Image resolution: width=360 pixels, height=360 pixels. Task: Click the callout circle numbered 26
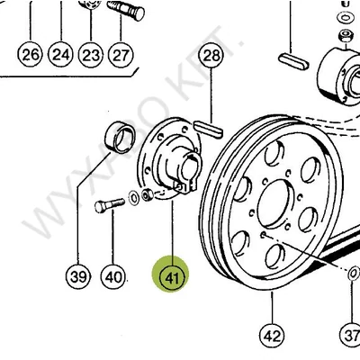tap(31, 55)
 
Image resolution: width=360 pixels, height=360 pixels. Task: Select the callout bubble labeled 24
tap(61, 55)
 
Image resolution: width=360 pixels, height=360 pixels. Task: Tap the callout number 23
tap(91, 55)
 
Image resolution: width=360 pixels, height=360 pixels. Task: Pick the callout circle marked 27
tap(121, 55)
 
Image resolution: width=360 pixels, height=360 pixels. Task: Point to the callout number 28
tap(211, 56)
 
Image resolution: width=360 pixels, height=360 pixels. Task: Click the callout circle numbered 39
tap(78, 276)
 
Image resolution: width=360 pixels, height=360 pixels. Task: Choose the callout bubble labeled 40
tap(113, 276)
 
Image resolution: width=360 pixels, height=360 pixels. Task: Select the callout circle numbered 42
tap(272, 336)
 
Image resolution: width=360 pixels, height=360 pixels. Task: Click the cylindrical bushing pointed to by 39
tap(120, 138)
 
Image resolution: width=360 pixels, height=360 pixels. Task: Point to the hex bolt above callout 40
tap(110, 206)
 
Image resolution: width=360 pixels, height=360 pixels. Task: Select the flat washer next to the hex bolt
tap(134, 198)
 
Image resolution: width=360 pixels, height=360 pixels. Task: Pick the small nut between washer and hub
tap(148, 195)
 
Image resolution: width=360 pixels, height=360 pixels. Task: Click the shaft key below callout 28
tap(209, 130)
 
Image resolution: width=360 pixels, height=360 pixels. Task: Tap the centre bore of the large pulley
tap(275, 203)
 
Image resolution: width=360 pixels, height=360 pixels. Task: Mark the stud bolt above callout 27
tap(126, 10)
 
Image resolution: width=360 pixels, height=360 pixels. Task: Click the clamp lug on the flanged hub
tap(185, 187)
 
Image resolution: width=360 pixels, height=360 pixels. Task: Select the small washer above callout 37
tap(354, 274)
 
